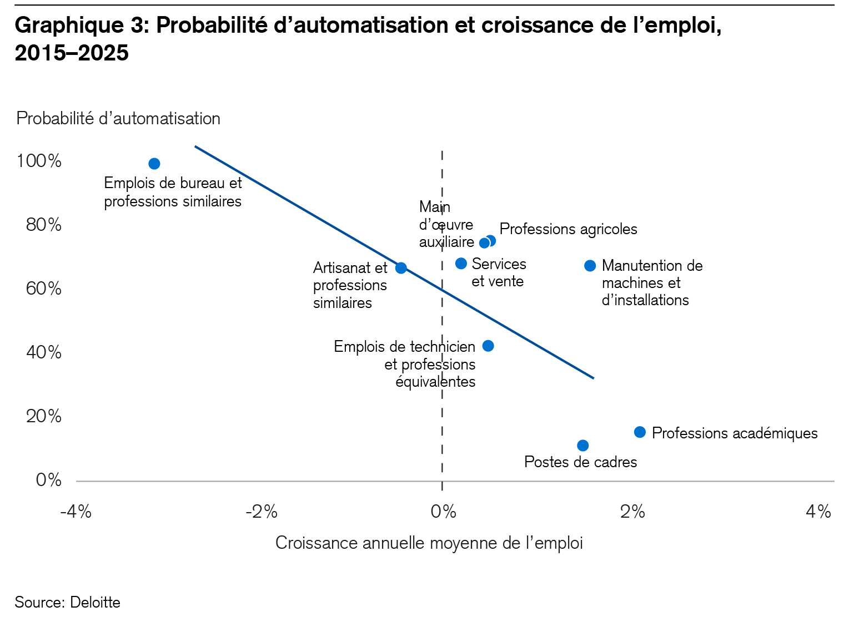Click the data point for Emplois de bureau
click(154, 164)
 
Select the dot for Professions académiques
click(640, 432)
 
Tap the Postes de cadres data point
click(582, 446)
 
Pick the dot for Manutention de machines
click(590, 266)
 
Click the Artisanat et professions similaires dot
click(401, 268)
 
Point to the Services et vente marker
click(461, 264)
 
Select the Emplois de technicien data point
click(488, 346)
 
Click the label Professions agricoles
click(568, 229)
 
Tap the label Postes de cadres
click(580, 462)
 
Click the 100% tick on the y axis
click(39, 161)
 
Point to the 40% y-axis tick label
click(43, 352)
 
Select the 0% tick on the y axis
click(48, 480)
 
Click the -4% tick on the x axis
click(76, 512)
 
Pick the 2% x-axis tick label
click(632, 512)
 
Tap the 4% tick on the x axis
click(818, 512)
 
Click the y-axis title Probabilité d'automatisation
click(118, 119)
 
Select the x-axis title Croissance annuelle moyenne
click(429, 543)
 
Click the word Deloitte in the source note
click(95, 603)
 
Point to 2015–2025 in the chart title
click(72, 53)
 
